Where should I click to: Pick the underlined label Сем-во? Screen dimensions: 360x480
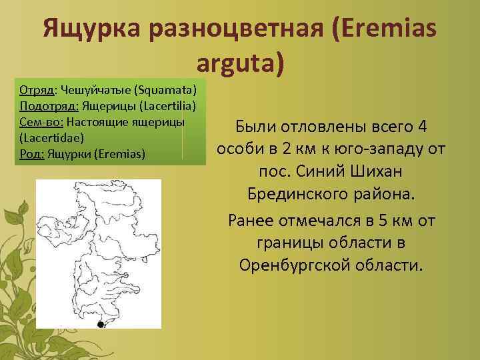41,123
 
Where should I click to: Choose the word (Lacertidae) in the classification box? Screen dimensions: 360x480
48,139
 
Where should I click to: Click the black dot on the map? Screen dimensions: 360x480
100,325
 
